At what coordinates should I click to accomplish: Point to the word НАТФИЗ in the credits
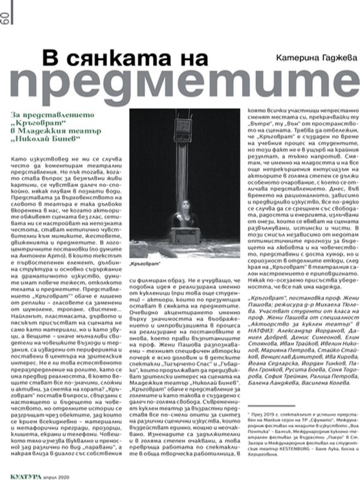[263, 347]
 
